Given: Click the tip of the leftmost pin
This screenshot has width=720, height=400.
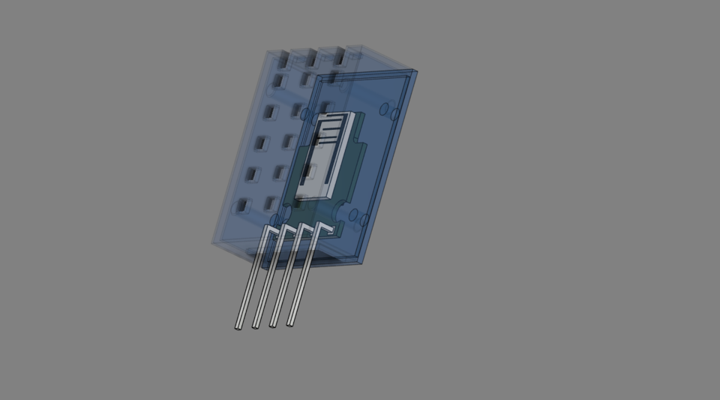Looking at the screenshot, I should coord(239,327).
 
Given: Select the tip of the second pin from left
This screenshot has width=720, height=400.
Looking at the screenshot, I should coord(256,326).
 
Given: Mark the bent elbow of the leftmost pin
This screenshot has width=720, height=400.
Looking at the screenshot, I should coord(266,228).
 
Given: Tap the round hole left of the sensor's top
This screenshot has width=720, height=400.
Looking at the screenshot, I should coord(305,115).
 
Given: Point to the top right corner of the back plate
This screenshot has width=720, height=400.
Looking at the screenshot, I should coord(417,73).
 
